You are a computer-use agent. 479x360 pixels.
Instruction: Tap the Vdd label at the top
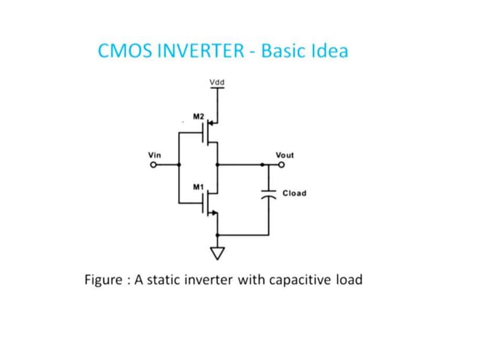coord(217,81)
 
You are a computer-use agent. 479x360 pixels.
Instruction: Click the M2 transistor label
coord(198,116)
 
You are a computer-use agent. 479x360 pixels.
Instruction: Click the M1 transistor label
coord(198,185)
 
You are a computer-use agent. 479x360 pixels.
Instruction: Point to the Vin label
coord(155,155)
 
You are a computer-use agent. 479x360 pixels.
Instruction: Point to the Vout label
coord(285,155)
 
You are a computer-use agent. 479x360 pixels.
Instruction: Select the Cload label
coord(294,193)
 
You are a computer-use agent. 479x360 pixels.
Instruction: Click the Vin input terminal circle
coord(153,164)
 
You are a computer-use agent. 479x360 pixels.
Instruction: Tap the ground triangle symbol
coord(218,253)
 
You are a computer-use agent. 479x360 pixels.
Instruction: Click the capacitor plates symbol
coord(268,192)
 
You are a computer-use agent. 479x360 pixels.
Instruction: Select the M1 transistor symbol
coord(209,201)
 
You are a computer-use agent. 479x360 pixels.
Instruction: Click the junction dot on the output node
coord(218,164)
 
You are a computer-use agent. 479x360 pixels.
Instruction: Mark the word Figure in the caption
coord(104,280)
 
